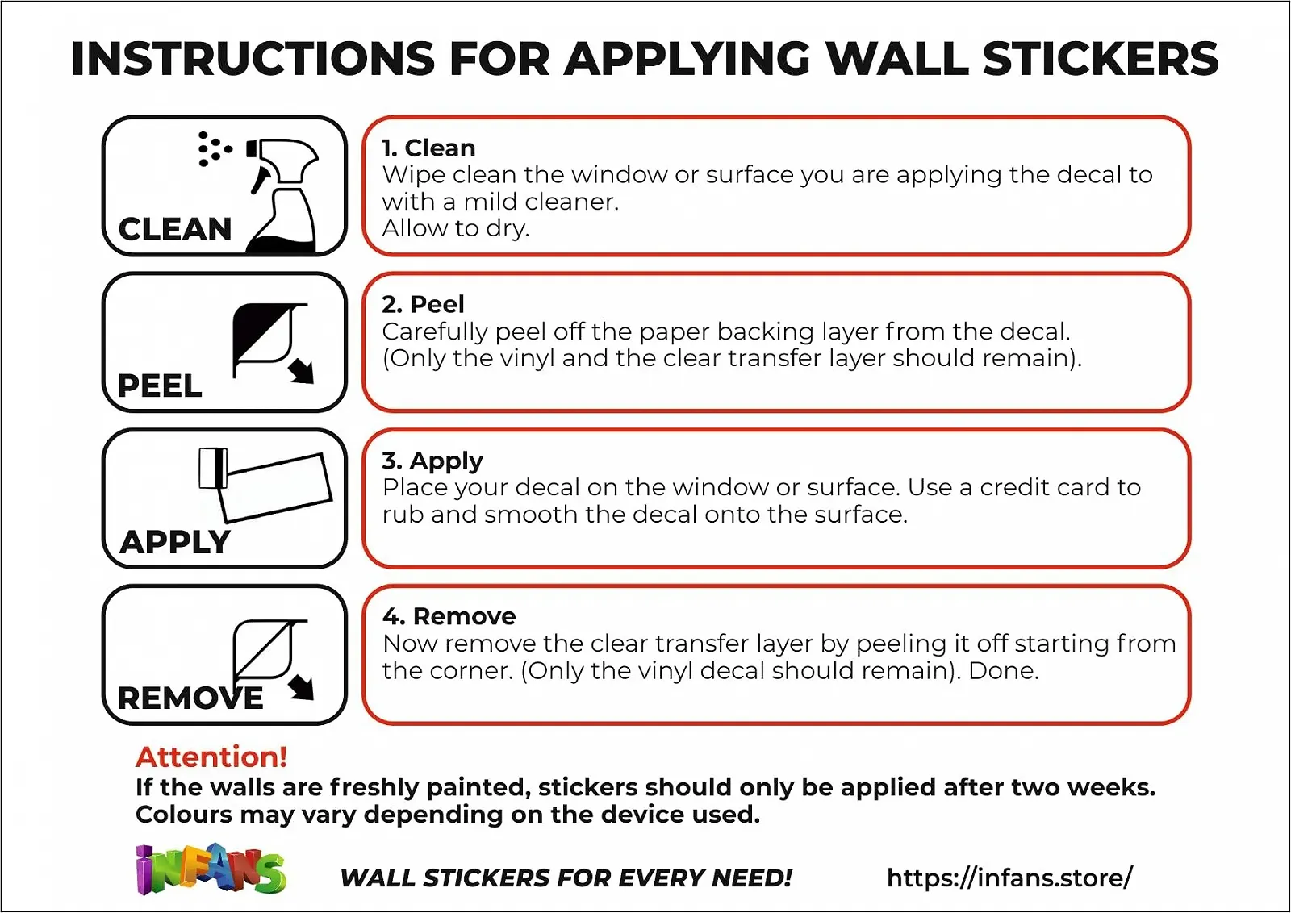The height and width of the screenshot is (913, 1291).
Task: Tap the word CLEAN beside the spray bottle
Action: point(174,229)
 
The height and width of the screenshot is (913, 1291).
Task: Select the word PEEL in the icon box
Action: point(160,386)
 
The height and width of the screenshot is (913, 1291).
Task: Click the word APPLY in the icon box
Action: point(175,542)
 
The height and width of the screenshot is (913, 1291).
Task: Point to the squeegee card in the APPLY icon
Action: point(213,469)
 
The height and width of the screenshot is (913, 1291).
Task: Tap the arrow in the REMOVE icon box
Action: point(302,688)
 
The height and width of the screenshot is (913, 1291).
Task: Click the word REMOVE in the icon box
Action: point(190,698)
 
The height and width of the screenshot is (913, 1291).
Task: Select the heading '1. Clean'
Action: point(428,148)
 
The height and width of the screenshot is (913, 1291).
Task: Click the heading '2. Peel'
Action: point(423,304)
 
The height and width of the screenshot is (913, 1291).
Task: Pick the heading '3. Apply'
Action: point(432,461)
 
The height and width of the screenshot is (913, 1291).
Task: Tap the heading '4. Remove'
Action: point(449,617)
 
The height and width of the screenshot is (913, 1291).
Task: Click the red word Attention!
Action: point(211,757)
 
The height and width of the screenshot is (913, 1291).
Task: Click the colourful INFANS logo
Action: point(211,869)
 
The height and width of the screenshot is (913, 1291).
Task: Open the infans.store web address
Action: point(1009,878)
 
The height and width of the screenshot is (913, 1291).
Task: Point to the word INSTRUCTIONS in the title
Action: point(253,59)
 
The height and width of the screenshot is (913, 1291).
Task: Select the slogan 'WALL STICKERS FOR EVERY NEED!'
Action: point(566,878)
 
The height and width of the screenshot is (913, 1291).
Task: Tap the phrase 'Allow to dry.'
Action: point(455,229)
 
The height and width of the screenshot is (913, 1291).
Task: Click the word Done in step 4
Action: point(1004,671)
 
